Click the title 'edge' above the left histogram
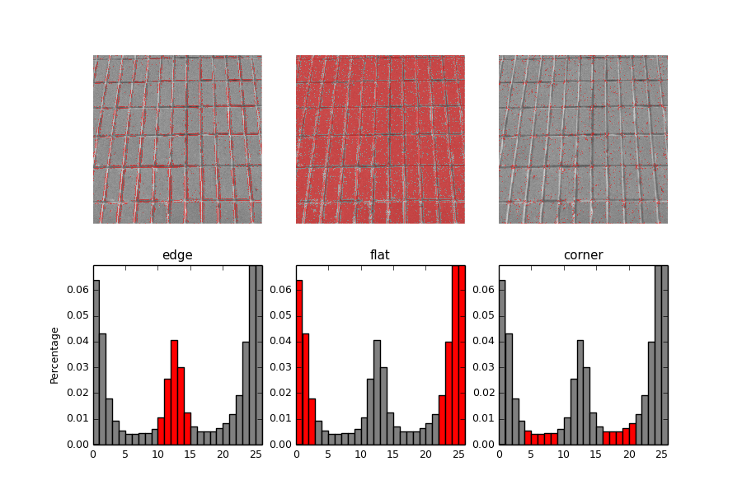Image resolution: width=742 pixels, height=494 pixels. pos(177,255)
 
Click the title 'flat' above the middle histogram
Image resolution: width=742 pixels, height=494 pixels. pos(380,255)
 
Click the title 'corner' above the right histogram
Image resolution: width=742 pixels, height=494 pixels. pos(583,255)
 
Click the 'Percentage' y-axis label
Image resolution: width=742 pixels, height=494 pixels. pos(55,355)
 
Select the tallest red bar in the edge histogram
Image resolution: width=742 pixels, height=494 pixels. pos(174,392)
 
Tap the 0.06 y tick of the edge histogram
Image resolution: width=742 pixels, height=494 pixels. pos(78,290)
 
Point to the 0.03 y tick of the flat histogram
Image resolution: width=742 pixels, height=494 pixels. pos(281,367)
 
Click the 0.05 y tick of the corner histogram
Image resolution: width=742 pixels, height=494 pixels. pos(484,315)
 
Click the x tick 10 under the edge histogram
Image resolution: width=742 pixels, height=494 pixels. pos(158,454)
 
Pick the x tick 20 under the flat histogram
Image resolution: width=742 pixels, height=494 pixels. pos(425,454)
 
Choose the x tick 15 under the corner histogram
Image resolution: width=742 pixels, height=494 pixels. pos(596,454)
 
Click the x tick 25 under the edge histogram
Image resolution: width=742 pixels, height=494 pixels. pos(256,454)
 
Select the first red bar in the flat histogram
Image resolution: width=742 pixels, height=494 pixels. pos(299,362)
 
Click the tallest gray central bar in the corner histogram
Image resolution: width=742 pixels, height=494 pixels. pos(580,392)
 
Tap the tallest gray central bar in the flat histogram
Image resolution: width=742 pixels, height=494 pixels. pos(377,392)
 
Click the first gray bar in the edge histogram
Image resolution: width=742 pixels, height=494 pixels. pos(96,362)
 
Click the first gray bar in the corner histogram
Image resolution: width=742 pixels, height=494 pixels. pos(502,362)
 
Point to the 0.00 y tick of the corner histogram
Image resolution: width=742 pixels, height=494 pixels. pos(484,445)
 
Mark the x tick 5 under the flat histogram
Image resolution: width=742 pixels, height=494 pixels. pos(328,454)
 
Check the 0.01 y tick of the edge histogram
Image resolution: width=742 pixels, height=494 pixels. pos(78,418)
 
